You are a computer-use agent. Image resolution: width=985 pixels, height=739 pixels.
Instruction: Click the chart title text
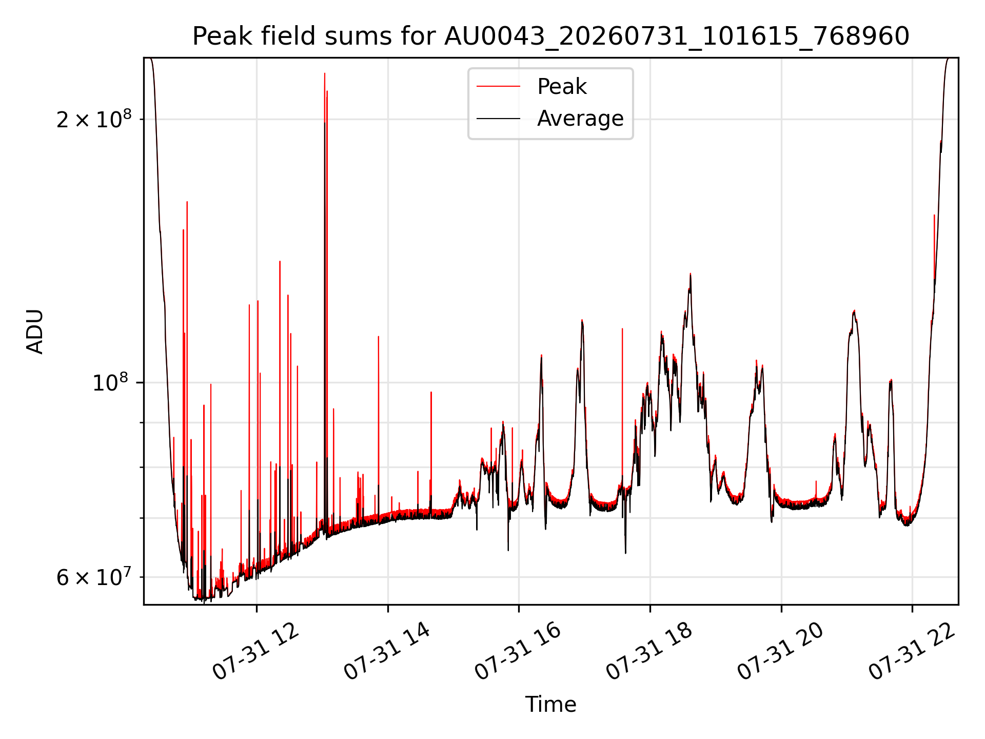tap(550, 36)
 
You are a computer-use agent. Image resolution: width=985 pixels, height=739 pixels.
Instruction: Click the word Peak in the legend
tap(562, 86)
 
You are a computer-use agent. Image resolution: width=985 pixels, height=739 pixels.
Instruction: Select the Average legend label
tap(580, 119)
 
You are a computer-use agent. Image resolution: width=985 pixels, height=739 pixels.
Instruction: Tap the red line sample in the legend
tap(498, 86)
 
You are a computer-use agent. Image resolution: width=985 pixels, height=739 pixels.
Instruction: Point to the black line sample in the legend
tap(498, 119)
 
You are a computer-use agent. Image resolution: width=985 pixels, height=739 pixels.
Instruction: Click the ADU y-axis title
tap(35, 331)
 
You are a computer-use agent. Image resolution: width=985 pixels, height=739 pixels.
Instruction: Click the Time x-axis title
tap(550, 705)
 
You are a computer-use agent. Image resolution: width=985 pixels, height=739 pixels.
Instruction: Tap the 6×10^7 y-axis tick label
tap(94, 577)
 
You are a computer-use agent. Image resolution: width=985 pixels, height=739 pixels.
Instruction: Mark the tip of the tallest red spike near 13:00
tap(324, 73)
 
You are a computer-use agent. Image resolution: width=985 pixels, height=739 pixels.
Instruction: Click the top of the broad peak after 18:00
tap(690, 274)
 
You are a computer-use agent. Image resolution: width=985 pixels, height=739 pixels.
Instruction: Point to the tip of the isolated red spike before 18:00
tap(622, 328)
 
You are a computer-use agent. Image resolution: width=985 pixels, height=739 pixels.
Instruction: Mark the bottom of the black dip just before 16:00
tap(508, 551)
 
